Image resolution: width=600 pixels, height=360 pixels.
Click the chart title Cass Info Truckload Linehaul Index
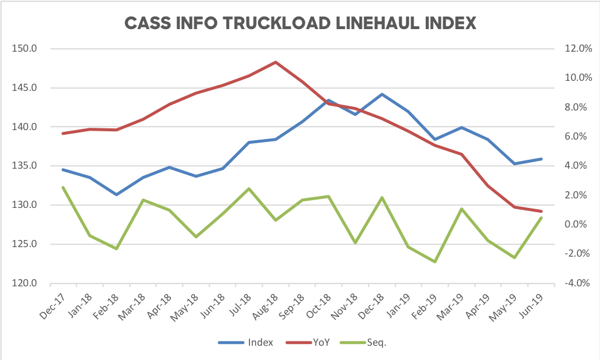(300, 23)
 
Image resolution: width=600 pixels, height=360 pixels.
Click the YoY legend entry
(314, 342)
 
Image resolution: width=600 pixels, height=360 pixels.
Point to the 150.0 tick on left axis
(24, 49)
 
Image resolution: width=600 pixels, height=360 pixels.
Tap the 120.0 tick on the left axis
(24, 283)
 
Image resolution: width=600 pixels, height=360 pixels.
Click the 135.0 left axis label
(24, 166)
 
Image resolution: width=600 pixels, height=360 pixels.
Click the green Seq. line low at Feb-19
(435, 261)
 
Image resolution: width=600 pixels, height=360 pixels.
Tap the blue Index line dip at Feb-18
(116, 194)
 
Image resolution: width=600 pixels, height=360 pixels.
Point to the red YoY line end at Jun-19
(541, 211)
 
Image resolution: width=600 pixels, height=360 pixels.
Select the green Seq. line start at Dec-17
(63, 187)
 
